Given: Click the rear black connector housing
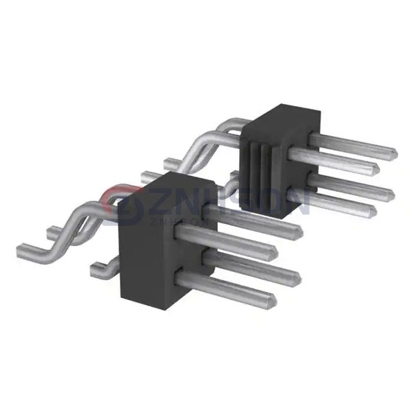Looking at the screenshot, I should (277, 164).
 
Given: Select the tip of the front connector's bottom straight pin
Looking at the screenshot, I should (274, 299).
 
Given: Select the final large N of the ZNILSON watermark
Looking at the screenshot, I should (296, 199).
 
